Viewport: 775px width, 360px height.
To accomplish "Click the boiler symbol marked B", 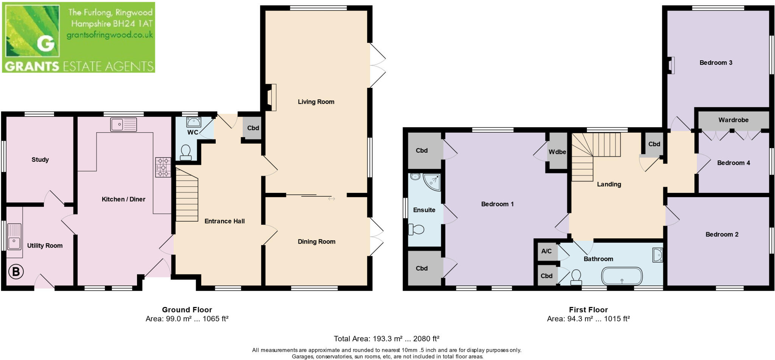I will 16,271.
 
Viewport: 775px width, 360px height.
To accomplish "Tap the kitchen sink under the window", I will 123,125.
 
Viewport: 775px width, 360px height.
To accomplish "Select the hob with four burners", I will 163,167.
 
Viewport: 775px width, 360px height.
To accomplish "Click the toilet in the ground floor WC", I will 185,152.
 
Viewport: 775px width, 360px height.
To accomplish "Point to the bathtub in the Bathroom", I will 622,276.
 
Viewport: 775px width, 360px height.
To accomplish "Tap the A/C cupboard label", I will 546,251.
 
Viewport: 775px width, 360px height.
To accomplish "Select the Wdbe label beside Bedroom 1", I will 557,152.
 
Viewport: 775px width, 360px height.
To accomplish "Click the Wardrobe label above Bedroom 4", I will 733,120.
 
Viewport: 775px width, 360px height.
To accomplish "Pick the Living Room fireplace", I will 271,97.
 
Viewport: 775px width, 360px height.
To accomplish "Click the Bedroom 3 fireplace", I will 671,65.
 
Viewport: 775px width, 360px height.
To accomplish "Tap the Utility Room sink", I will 14,237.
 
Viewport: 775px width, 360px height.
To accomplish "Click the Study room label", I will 40,160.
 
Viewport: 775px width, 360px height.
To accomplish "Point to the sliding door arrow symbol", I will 331,199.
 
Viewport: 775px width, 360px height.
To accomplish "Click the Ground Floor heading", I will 187,310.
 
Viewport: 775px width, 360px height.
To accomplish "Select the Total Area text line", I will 386,338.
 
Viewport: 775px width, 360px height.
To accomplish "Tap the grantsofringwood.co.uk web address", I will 109,35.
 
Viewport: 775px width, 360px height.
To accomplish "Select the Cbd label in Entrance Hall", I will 253,128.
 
